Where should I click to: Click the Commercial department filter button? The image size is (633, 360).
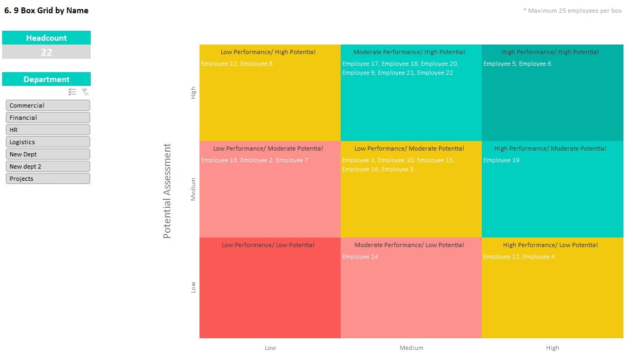48,106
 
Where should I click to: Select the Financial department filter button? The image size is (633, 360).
48,118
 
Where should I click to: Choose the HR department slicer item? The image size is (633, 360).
48,130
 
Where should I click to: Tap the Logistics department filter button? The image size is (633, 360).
48,142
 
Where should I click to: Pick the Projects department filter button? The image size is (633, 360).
48,179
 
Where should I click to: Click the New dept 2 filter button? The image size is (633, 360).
48,166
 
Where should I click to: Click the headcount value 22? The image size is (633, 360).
47,52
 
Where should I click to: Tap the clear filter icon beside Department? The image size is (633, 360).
85,92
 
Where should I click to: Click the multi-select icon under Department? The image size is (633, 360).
73,92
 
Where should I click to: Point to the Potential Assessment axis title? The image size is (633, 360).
167,191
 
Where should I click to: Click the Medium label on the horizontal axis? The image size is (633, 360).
411,348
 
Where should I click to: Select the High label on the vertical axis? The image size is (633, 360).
193,93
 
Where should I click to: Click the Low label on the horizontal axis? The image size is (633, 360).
270,348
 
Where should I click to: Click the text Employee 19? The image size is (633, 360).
501,160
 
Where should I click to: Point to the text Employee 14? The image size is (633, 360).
360,257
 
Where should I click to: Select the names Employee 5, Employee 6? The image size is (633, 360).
517,64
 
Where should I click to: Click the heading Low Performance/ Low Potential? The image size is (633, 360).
268,245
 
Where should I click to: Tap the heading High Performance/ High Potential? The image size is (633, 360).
550,52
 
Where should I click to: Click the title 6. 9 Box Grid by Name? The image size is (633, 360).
46,11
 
